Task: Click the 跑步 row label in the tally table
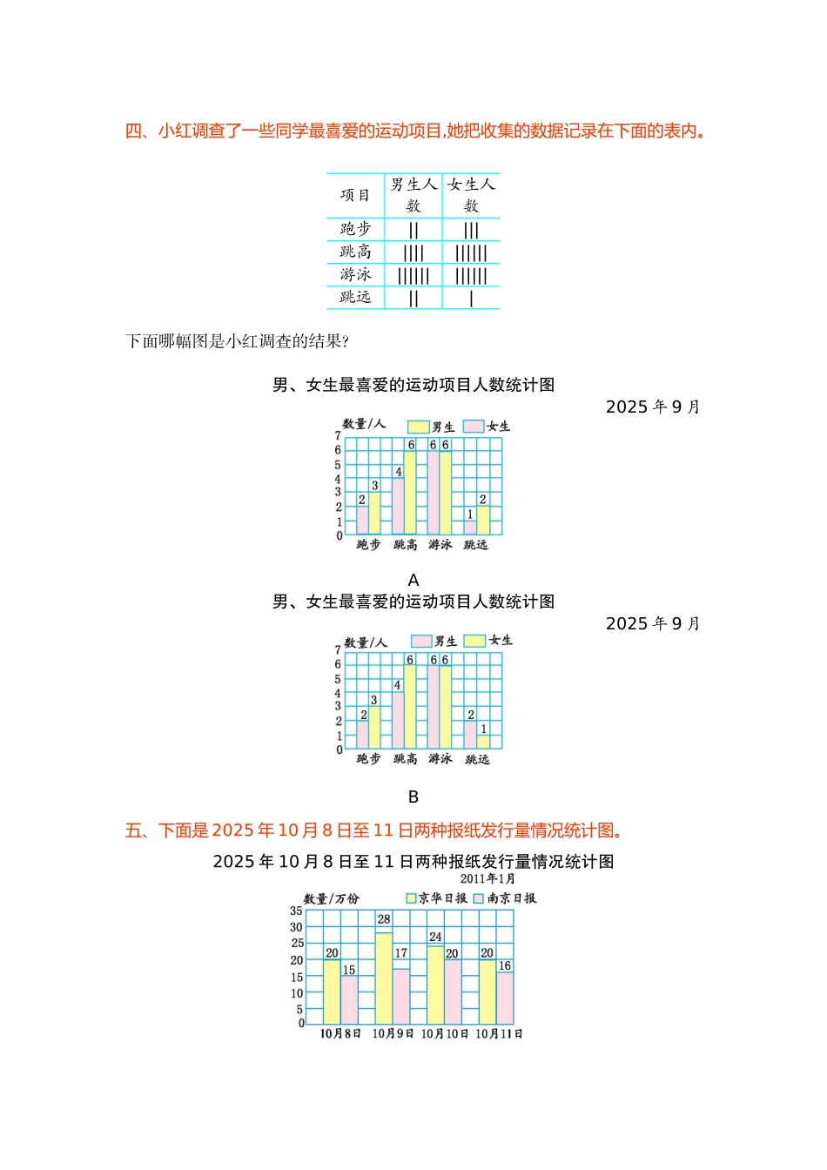355,229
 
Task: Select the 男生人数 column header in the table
413,195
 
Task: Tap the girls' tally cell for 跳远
471,299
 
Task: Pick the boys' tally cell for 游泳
413,276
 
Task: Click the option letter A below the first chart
413,580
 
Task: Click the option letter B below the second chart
413,797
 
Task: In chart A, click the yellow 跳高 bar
410,493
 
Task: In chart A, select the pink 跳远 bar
470,528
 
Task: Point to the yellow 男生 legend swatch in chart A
419,427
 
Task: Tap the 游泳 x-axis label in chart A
440,545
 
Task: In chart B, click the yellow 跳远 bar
482,742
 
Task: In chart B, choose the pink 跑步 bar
363,735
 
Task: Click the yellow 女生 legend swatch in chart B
474,641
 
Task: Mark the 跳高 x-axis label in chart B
405,759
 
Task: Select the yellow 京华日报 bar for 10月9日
383,978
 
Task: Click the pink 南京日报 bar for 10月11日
505,999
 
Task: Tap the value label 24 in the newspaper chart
435,937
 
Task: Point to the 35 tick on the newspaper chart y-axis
296,911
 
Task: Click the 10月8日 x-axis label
340,1034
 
